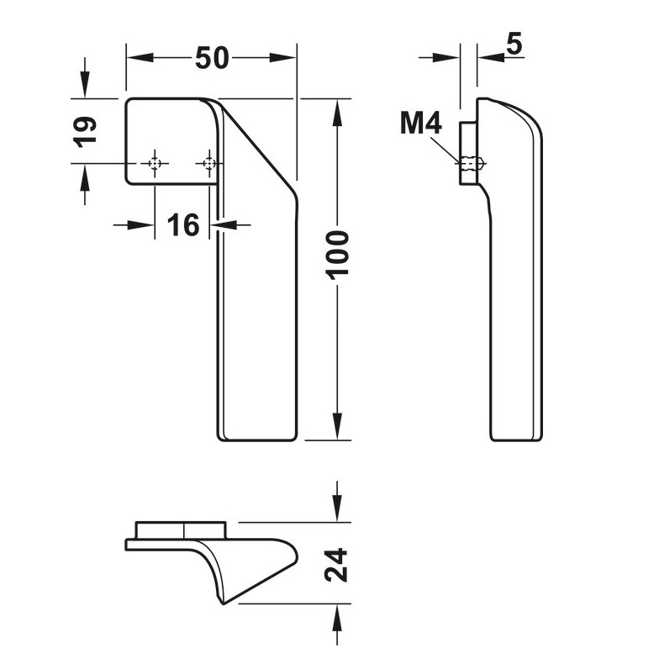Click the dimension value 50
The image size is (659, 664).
point(212,58)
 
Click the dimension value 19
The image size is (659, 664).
point(84,131)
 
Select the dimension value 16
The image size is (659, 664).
point(182,224)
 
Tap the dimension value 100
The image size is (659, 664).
point(337,254)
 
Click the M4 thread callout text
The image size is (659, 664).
point(420,124)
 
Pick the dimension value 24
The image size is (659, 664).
point(336,565)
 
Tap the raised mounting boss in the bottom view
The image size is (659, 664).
point(182,530)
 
